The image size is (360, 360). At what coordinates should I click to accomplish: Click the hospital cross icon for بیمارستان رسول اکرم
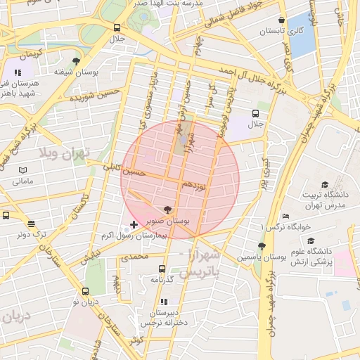134,224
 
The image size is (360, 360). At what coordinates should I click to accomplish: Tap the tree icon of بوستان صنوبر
167,209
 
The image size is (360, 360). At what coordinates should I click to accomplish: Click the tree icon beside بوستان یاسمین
262,246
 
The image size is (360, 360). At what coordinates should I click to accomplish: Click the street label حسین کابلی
124,169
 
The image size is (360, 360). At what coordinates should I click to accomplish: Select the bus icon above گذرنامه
162,269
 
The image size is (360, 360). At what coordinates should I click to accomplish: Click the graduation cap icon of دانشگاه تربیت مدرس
325,184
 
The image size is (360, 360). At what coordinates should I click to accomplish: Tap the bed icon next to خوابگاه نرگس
285,216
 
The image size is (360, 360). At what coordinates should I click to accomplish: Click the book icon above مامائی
22,170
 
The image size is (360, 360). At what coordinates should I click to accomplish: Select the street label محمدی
134,257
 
